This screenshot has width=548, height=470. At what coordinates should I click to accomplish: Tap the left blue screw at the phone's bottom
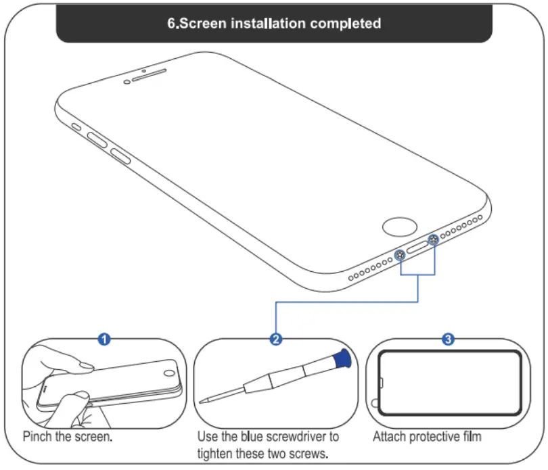point(401,255)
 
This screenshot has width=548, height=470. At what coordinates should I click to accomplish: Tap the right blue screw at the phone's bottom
point(434,238)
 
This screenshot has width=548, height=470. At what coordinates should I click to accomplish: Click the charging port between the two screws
point(417,246)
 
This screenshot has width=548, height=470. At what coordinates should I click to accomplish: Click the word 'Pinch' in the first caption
point(37,437)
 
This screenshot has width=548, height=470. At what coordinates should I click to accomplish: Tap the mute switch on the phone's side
point(76,126)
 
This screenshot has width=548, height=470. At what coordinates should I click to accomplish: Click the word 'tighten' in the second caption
point(215,453)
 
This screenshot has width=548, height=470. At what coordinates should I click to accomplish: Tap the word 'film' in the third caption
point(472,437)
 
